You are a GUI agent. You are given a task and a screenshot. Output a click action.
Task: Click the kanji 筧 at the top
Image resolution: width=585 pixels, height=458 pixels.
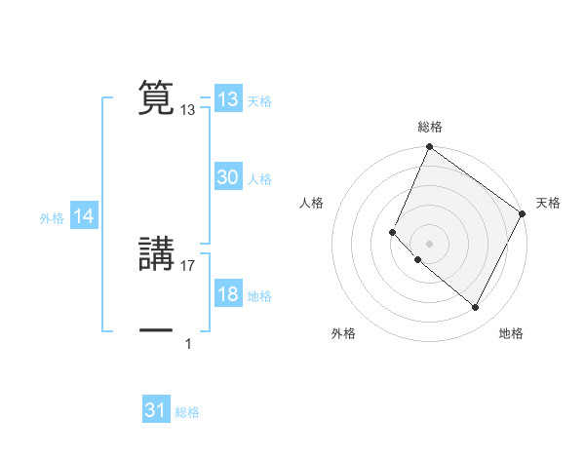[156, 98]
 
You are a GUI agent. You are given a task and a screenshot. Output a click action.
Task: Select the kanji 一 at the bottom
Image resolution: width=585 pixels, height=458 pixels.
[156, 331]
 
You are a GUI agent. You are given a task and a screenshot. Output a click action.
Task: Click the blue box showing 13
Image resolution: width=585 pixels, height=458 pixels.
[227, 99]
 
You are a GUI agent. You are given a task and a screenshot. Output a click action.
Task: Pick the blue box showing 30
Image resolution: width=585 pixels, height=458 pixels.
[227, 177]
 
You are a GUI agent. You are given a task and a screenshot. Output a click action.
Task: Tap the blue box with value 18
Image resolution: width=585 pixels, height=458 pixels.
[227, 295]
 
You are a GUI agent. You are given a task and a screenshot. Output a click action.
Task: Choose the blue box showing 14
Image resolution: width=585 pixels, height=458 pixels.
[84, 217]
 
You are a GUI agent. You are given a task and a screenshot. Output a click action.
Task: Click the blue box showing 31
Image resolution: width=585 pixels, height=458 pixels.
[156, 410]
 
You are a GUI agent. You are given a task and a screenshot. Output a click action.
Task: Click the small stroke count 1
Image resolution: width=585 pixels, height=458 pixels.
[188, 343]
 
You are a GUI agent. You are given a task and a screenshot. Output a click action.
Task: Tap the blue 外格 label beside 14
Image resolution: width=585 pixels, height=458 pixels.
[52, 218]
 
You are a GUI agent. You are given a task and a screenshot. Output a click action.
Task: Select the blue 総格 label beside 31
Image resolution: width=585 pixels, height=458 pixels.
[187, 412]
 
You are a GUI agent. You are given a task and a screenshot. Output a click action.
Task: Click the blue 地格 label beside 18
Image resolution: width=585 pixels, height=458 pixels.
[259, 296]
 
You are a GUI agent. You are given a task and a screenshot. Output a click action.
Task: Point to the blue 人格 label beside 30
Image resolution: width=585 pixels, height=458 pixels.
[259, 179]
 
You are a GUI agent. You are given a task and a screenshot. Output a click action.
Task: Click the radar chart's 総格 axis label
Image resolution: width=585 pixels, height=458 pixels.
[430, 127]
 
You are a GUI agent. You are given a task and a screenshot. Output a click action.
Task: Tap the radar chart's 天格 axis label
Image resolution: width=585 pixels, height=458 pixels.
[548, 203]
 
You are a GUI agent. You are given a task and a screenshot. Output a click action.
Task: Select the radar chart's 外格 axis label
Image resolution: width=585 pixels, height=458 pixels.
[343, 333]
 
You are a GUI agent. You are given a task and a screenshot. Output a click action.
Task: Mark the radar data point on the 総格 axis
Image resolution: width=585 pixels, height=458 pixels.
[429, 148]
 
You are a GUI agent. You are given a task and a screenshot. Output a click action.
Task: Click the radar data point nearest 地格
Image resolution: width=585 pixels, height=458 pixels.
[476, 308]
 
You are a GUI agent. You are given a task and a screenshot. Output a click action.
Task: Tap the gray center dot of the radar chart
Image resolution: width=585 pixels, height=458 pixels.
[429, 243]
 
